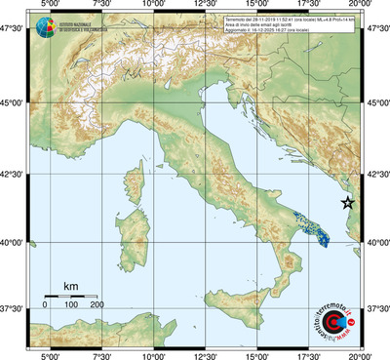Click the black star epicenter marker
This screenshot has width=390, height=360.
pyautogui.click(x=348, y=202)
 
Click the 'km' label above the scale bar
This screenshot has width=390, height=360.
pyautogui.click(x=70, y=286)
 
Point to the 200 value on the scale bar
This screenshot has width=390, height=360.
pyautogui.click(x=97, y=305)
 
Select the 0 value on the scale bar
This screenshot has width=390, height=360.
pyautogui.click(x=45, y=305)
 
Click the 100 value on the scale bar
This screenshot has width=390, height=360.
pyautogui.click(x=71, y=305)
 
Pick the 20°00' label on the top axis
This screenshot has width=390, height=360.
pyautogui.click(x=361, y=6)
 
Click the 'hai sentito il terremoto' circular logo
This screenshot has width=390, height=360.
pyautogui.click(x=336, y=320)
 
